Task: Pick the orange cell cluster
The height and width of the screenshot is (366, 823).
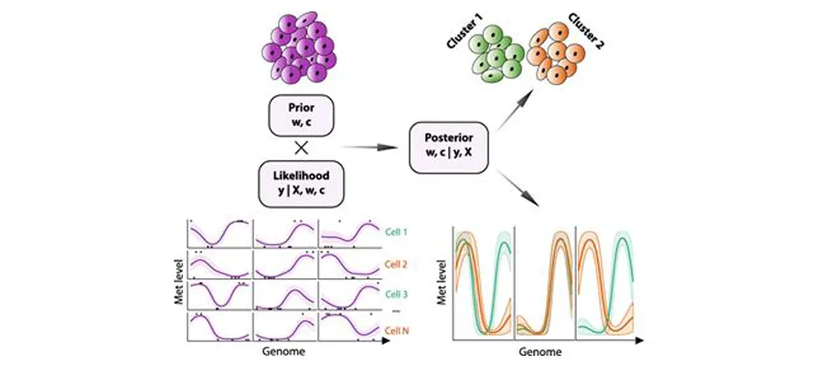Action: [555, 54]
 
